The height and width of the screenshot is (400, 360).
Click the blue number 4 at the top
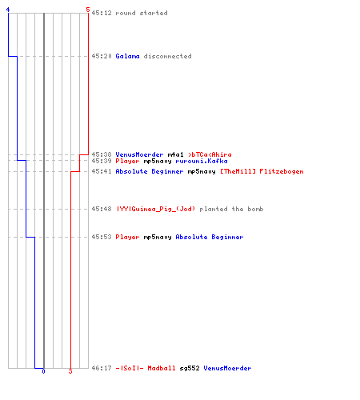tap(8, 10)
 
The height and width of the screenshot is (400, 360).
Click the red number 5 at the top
tap(88, 10)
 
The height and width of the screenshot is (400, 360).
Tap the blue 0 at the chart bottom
tap(43, 371)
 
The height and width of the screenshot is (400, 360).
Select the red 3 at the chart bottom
tap(70, 371)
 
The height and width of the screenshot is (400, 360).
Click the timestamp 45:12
tap(102, 13)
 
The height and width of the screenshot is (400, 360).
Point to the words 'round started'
tap(142, 13)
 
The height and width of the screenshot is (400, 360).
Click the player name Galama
tap(127, 56)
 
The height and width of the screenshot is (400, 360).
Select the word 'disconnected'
tap(167, 56)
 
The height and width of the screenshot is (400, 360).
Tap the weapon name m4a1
tap(175, 154)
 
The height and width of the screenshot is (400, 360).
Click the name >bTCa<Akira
tap(210, 154)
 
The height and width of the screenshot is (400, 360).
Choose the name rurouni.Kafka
tap(202, 161)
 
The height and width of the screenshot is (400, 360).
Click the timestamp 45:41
tap(102, 171)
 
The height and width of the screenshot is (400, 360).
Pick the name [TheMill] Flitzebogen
tap(262, 171)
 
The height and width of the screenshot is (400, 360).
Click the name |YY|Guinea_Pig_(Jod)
tap(156, 209)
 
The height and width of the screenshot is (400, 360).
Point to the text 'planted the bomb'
tap(231, 209)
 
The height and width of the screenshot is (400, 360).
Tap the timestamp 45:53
tap(102, 237)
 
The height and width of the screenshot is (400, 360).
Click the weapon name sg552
tap(190, 368)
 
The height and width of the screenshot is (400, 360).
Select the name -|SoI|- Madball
tap(146, 368)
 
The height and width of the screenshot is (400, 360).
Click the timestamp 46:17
tap(102, 368)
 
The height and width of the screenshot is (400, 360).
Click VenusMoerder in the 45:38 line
tap(139, 154)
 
